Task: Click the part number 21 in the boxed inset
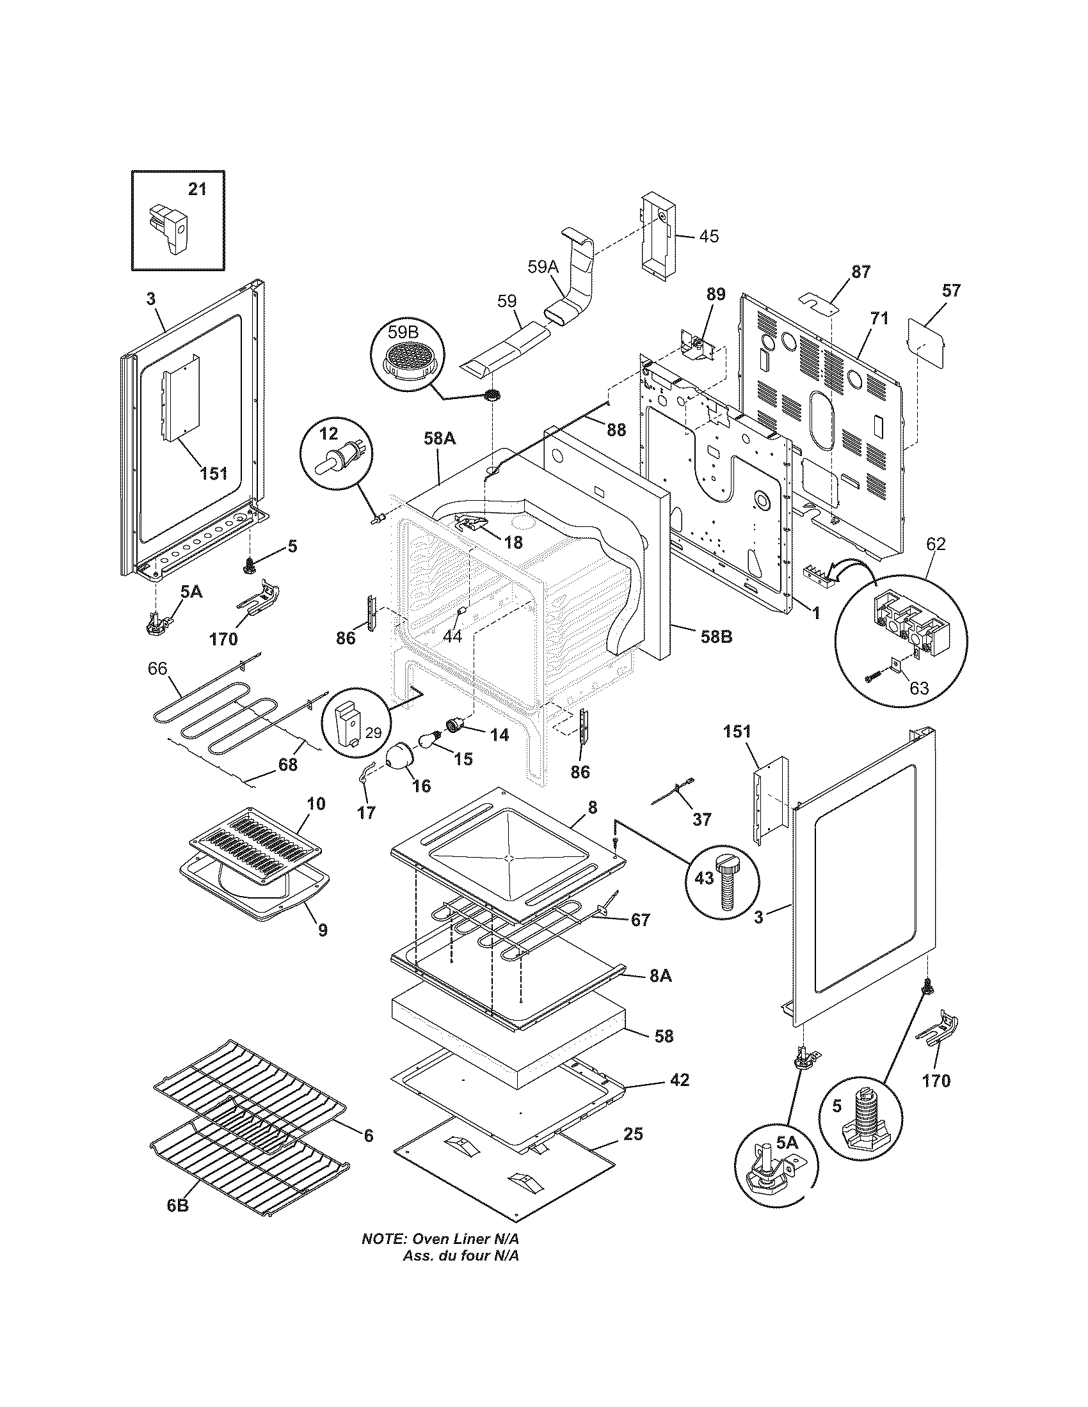coord(197,189)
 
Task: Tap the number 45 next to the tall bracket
coord(708,236)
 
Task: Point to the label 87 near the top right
coord(860,272)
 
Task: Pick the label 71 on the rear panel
coord(880,318)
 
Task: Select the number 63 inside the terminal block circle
coord(918,688)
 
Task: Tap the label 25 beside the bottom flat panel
coord(633,1133)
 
